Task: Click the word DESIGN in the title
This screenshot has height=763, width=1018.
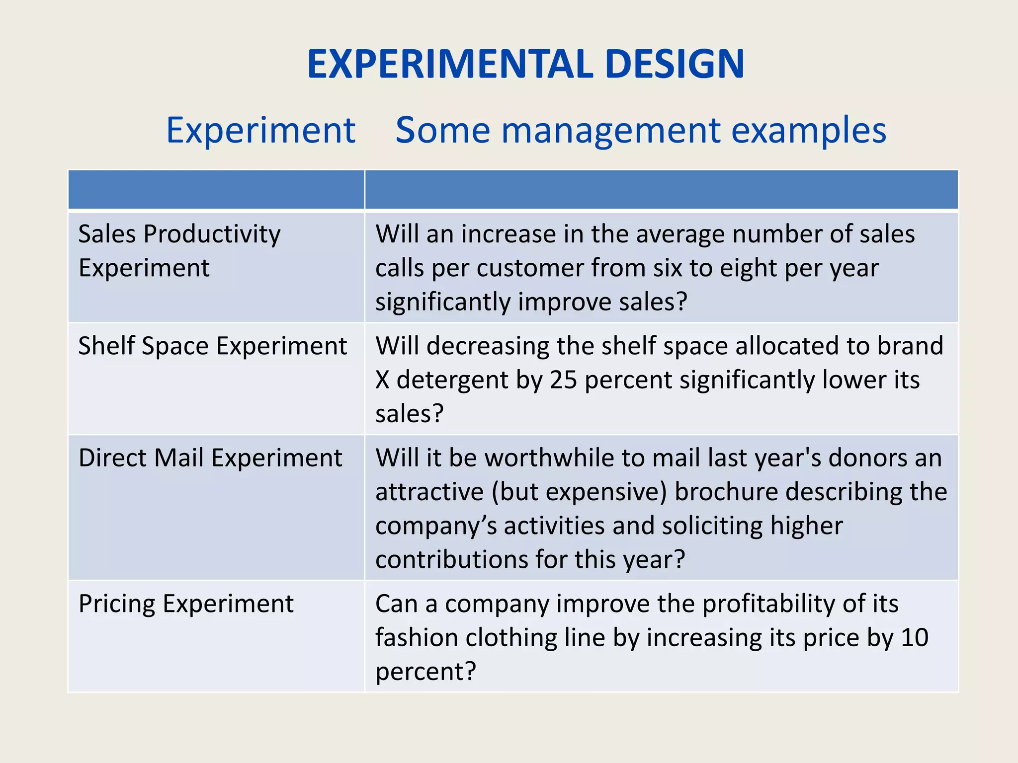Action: [x=675, y=64]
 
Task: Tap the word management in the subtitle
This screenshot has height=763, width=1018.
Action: [x=611, y=130]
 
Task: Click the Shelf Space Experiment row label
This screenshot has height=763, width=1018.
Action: [x=212, y=346]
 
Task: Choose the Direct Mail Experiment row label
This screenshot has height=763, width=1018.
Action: [x=210, y=458]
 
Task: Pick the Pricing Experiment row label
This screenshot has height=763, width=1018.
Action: [x=186, y=604]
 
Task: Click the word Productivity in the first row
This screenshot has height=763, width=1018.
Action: [x=212, y=234]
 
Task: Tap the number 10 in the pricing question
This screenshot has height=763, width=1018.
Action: [x=914, y=637]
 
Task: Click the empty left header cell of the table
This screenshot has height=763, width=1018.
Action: [x=216, y=190]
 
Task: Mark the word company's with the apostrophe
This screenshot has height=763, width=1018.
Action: [x=436, y=526]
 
